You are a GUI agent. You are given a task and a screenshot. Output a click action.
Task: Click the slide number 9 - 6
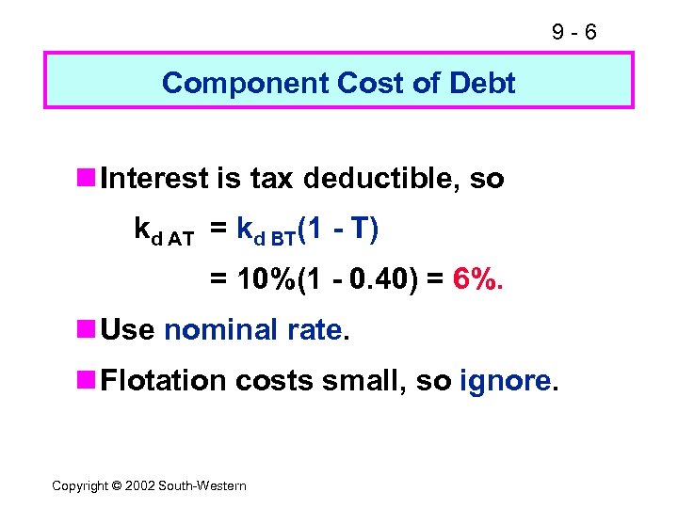[x=575, y=33]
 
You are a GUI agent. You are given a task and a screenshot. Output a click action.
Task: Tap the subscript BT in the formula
[x=282, y=239]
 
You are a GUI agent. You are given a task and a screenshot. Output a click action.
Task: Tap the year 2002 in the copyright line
[x=140, y=485]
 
